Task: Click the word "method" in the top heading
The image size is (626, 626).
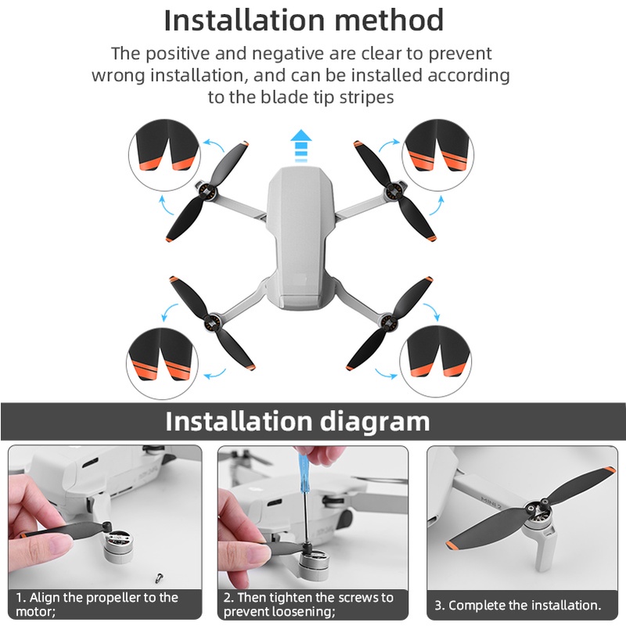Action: click(382, 20)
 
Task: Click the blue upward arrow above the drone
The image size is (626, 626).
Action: click(300, 146)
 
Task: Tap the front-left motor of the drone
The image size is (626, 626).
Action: click(206, 190)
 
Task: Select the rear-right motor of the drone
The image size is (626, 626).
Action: click(385, 318)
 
